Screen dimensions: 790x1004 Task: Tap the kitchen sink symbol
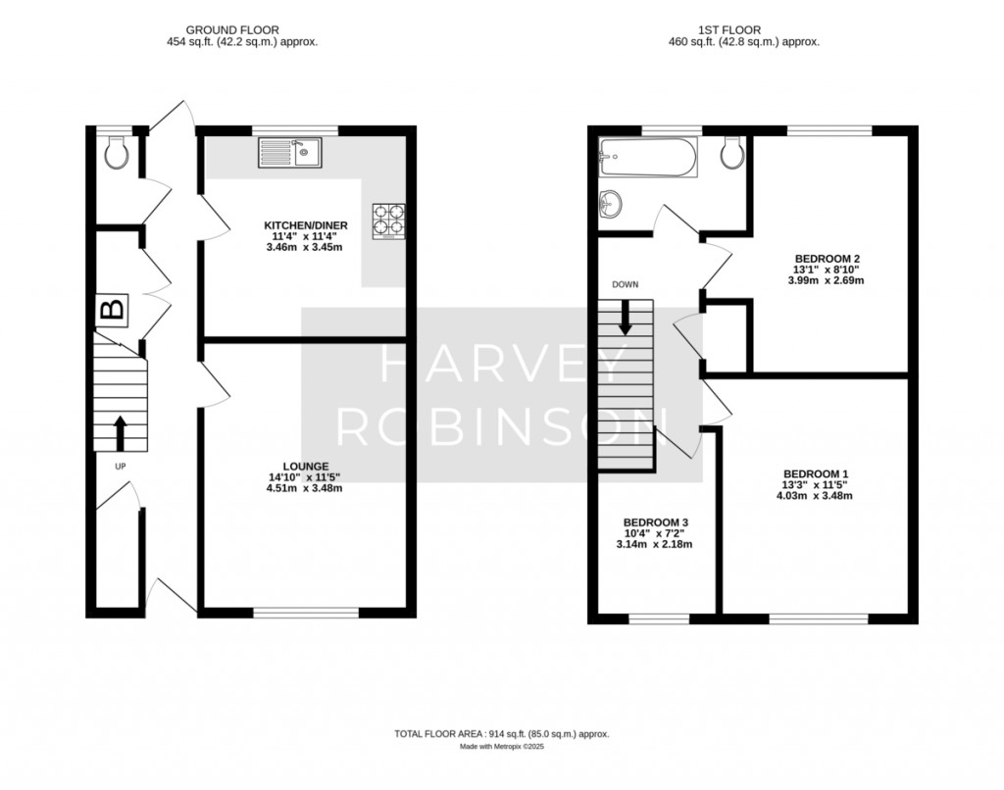pos(290,152)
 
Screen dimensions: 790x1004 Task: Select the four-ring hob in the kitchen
pos(388,221)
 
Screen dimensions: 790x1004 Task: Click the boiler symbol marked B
pos(112,312)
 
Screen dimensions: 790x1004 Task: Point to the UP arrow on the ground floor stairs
pos(121,430)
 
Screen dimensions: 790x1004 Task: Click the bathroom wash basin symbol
pos(611,203)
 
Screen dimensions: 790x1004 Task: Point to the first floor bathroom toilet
pos(731,151)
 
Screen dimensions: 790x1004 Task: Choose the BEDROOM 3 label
pos(654,521)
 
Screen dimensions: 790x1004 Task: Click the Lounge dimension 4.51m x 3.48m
pos(304,488)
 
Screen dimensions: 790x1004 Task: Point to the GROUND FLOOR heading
pos(241,30)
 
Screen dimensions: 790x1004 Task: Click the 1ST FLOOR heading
pos(751,30)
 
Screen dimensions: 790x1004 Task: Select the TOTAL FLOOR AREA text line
pos(501,733)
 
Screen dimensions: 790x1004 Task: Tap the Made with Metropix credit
pos(501,747)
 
